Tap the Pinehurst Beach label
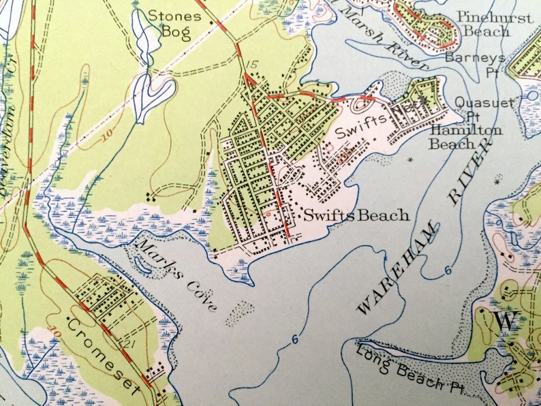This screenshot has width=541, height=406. coord(495,24)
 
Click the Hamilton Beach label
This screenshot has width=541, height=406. coord(466,136)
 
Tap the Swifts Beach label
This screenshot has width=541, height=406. coord(356,215)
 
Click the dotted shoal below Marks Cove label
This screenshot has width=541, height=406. coord(239,314)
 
